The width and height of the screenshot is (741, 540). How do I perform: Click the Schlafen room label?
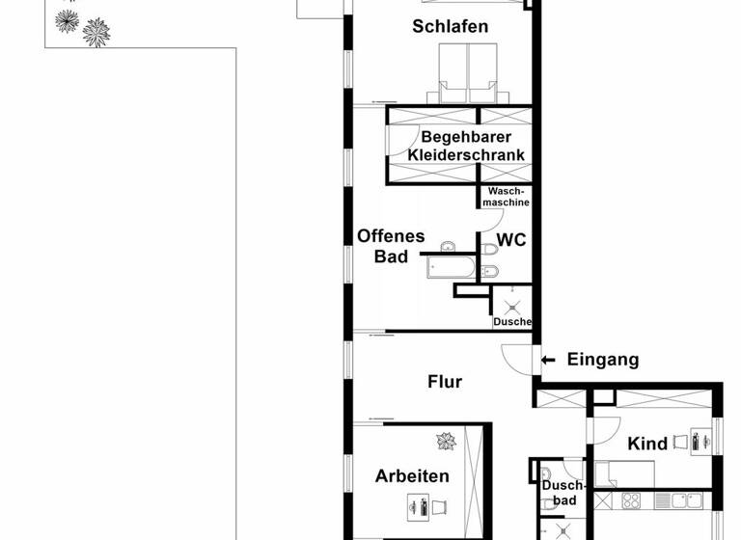450,26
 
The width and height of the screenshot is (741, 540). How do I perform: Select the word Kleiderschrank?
466,155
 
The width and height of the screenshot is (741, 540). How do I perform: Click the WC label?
511,240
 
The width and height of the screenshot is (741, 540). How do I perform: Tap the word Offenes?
391,236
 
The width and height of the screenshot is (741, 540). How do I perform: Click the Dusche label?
511,322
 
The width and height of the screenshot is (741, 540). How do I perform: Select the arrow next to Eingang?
547,360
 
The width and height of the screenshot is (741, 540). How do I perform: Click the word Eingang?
603,360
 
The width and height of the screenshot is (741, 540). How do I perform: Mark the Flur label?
445,382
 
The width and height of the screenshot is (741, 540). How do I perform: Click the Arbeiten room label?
412,476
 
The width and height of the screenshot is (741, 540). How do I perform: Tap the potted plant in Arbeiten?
446,442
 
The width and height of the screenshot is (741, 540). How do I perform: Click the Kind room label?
647,444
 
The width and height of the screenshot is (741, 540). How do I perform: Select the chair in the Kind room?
680,442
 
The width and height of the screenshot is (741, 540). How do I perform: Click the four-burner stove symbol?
631,500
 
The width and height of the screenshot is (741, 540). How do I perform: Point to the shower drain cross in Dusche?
511,302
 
